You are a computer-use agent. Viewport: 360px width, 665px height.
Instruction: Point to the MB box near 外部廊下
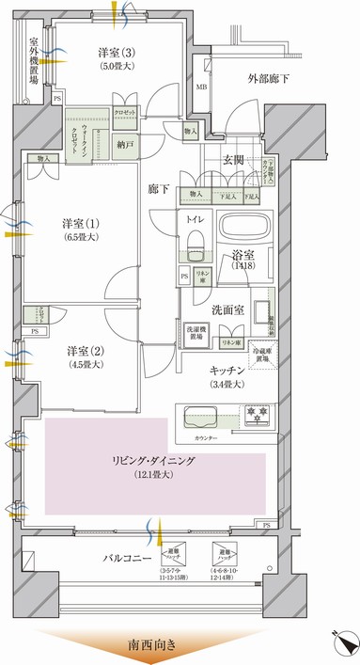pos(201,88)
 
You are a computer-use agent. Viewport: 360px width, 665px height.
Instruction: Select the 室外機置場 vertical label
pos(34,61)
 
